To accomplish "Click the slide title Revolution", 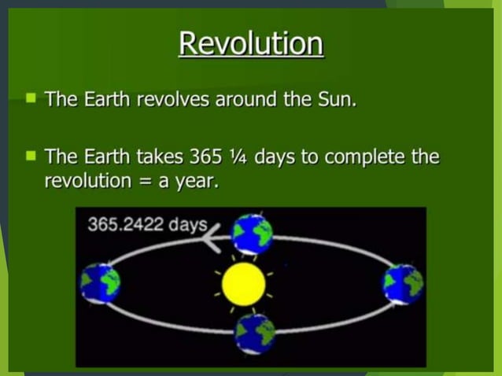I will point(250,43).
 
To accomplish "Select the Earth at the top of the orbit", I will point(253,233).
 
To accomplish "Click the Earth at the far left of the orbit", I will point(100,282).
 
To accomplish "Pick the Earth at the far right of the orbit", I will point(402,283).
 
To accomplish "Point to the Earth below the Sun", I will point(256,332).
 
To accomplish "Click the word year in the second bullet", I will point(196,181).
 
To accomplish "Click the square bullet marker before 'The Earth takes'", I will point(31,155).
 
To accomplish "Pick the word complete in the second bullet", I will point(366,156).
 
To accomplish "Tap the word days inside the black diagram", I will point(188,224).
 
